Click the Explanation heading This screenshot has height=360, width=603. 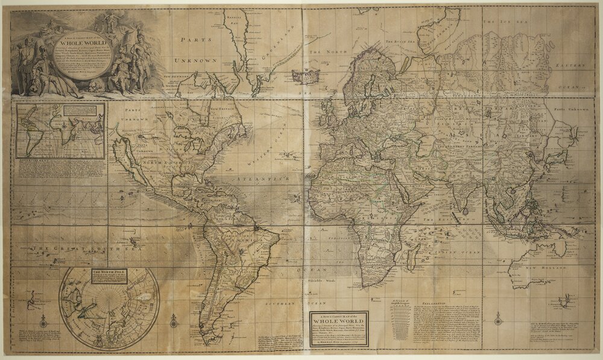tap(437, 297)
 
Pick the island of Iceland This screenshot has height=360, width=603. tap(305, 76)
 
